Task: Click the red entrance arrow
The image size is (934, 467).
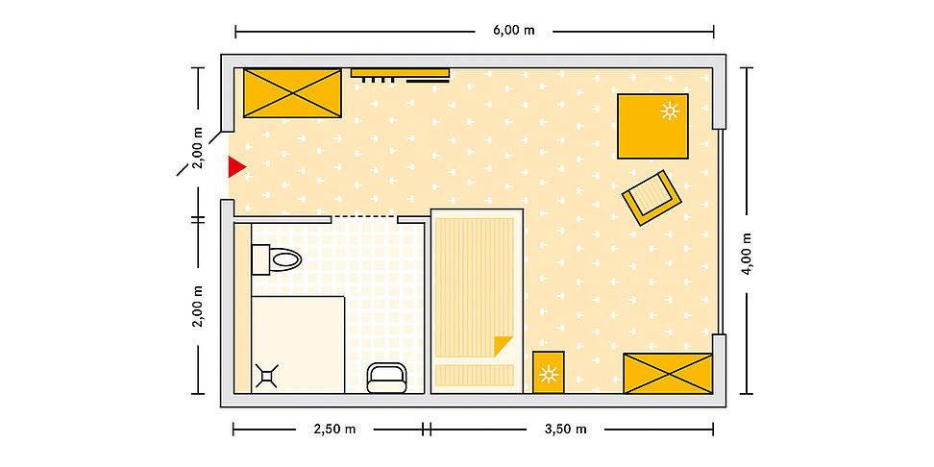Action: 235,167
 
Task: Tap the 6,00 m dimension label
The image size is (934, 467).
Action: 513,31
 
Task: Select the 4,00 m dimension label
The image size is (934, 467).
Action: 747,253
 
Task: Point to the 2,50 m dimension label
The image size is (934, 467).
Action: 334,429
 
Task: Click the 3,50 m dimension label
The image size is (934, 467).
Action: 566,429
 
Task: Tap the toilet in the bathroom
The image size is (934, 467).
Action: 276,259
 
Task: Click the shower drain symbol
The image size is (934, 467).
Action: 267,376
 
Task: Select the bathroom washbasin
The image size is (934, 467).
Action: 386,378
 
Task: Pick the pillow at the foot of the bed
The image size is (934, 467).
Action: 475,376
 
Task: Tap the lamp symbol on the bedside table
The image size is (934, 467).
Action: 548,374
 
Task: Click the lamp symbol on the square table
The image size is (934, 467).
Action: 670,111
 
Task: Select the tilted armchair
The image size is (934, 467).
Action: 651,198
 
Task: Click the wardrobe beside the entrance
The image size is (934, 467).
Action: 292,93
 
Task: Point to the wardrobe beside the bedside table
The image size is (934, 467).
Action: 668,373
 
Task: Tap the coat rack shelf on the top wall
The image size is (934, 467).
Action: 400,73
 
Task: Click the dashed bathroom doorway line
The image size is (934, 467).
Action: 364,215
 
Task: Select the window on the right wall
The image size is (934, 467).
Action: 720,232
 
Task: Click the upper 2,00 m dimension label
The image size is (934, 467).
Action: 198,148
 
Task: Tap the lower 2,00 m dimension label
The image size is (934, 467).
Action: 198,307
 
